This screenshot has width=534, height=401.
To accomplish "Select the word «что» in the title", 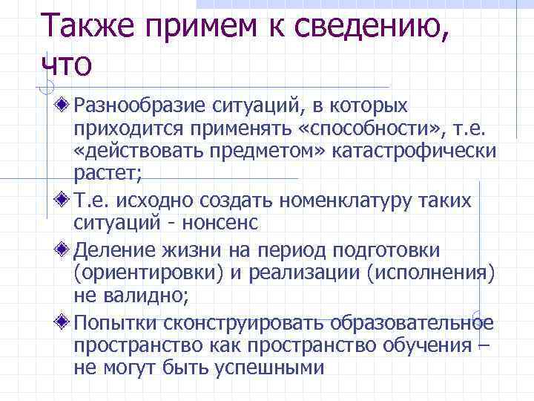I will click(x=67, y=65).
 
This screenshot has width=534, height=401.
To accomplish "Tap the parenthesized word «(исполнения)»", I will click(x=431, y=273).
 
